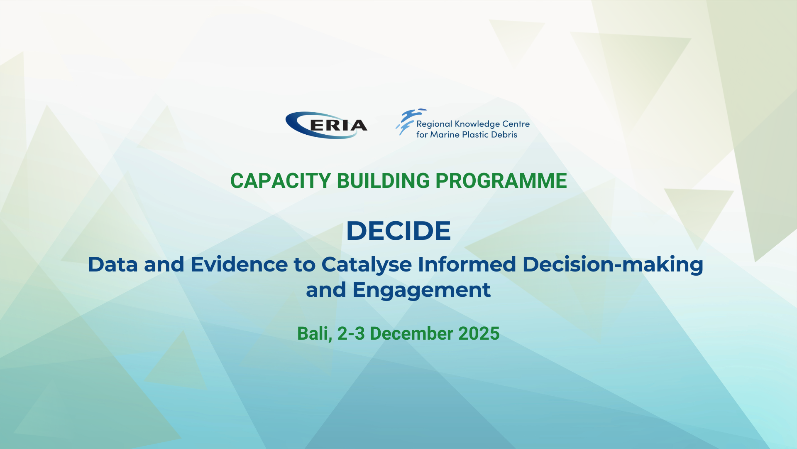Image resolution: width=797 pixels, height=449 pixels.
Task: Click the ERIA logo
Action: pos(327,125)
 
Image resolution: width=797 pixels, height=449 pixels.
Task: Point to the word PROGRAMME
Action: pos(501,181)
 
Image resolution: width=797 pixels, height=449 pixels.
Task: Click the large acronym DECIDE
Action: pos(398,231)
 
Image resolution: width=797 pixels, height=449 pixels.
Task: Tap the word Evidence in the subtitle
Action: pos(239,265)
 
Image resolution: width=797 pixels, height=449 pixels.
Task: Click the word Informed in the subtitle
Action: pos(467,265)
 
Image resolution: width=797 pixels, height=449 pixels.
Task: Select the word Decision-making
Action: pos(613,265)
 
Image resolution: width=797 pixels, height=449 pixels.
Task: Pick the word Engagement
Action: pos(421,290)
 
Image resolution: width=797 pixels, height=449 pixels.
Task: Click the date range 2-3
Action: pos(351,334)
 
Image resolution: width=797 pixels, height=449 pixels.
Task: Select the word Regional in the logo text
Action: pos(434,124)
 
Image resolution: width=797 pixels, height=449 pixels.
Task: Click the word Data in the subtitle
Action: pos(112,265)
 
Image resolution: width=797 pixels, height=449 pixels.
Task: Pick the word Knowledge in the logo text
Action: pos(477,124)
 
